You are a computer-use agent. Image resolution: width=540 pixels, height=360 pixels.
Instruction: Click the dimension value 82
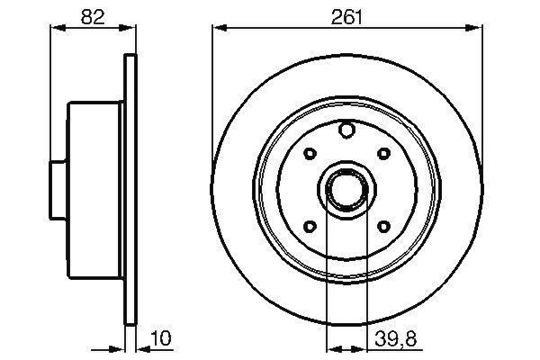93,16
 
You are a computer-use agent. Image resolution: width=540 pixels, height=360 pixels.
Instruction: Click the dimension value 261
346,16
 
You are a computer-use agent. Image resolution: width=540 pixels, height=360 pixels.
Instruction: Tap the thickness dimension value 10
160,338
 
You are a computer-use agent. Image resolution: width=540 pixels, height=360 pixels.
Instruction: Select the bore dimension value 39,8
395,338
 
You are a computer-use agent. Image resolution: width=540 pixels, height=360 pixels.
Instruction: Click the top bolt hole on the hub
346,130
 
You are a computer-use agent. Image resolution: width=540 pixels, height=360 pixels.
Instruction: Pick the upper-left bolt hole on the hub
310,153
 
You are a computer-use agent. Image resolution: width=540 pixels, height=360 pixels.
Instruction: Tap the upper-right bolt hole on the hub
383,153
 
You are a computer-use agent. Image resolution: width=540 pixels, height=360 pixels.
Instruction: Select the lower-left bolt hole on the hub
310,226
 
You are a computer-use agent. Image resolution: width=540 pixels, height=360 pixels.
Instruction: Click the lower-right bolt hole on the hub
383,226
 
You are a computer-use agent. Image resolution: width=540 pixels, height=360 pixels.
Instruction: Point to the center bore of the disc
346,189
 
